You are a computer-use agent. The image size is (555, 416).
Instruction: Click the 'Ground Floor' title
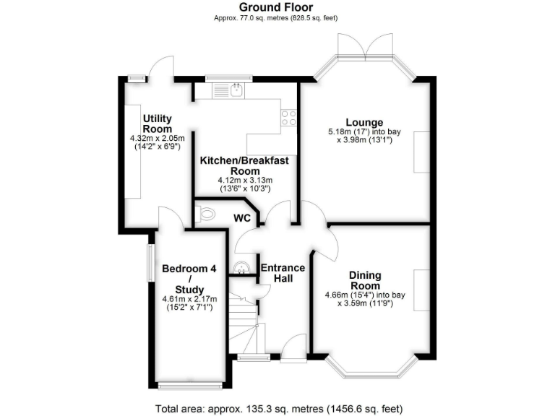[x=277, y=8]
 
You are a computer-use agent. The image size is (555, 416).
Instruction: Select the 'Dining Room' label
[x=365, y=280]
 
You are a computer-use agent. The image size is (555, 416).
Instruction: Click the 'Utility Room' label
[x=157, y=123]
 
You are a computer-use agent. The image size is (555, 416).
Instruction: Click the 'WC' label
[x=242, y=217]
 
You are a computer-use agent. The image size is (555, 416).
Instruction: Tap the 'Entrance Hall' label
[x=283, y=272]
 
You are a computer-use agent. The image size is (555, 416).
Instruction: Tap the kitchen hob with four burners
[x=289, y=118]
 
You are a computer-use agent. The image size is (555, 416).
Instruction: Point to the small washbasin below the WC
[x=241, y=267]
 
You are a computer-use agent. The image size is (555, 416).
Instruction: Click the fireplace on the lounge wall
[x=421, y=152]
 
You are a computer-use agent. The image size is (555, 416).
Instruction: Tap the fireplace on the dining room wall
[x=421, y=290]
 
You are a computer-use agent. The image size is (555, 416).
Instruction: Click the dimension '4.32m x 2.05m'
[x=157, y=138]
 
